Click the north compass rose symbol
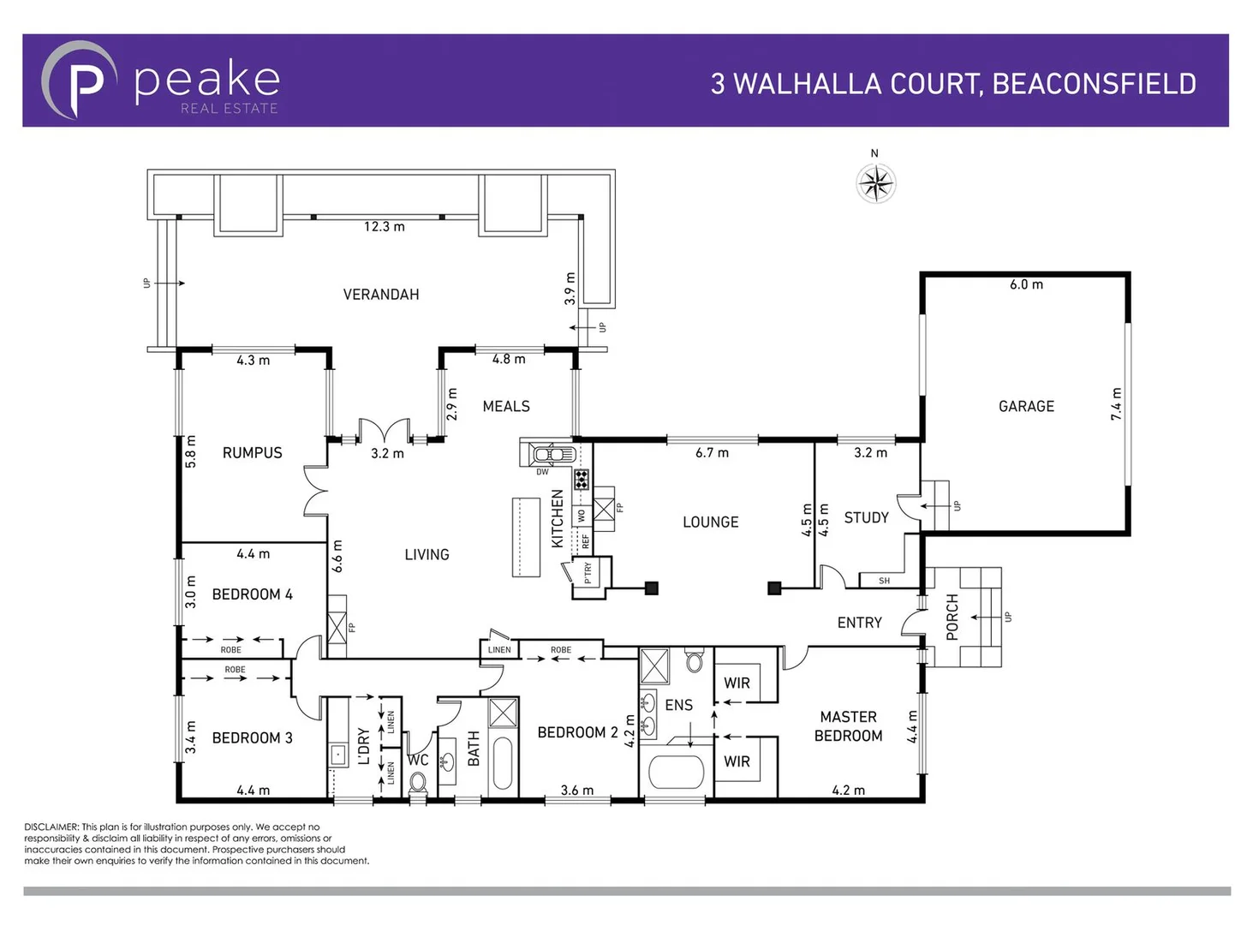pos(875,182)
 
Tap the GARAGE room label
pos(1026,406)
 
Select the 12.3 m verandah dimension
pos(384,227)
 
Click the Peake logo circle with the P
pos(79,80)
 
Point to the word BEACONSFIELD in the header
pos(1094,84)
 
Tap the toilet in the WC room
pos(418,781)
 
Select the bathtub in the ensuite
pos(676,772)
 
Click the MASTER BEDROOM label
pos(848,726)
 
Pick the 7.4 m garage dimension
pos(1116,404)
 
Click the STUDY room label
pos(866,517)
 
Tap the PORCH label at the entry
pos(952,617)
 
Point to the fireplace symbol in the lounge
pos(604,509)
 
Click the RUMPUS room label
pos(252,452)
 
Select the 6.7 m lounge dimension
pos(712,452)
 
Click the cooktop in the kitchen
pos(582,480)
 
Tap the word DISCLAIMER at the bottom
pos(51,827)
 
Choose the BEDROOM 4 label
pos(252,594)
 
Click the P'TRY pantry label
pos(588,572)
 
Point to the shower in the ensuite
pos(656,665)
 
